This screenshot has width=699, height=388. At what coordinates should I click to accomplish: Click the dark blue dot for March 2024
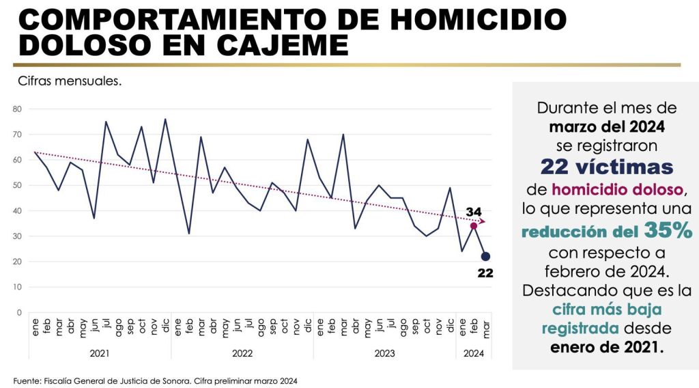click(x=485, y=256)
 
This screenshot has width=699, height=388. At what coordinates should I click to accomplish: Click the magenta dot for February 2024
click(x=473, y=226)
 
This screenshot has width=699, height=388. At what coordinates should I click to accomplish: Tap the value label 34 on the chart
click(x=474, y=210)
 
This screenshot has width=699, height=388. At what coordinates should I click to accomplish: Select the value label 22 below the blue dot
click(x=485, y=273)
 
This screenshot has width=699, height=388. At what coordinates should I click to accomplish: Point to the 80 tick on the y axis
click(x=17, y=109)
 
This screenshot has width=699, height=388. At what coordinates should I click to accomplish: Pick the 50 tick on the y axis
click(x=17, y=185)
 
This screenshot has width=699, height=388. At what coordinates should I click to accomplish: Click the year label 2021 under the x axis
click(x=100, y=353)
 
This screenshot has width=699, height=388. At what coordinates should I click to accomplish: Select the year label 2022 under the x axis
click(x=242, y=353)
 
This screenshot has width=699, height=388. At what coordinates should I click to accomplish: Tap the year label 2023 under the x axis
click(x=384, y=353)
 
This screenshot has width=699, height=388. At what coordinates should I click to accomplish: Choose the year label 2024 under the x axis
click(x=473, y=353)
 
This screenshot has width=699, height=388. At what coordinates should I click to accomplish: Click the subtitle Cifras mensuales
click(x=70, y=81)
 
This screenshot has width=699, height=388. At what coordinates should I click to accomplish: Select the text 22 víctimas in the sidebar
click(x=607, y=166)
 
